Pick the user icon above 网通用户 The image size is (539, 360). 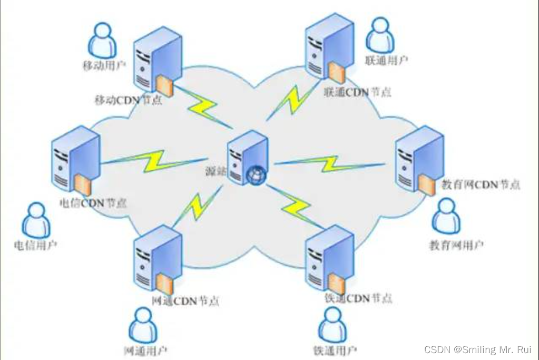coord(143,325)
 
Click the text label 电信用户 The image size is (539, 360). coord(36,246)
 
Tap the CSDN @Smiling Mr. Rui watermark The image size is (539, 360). coord(477,349)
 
